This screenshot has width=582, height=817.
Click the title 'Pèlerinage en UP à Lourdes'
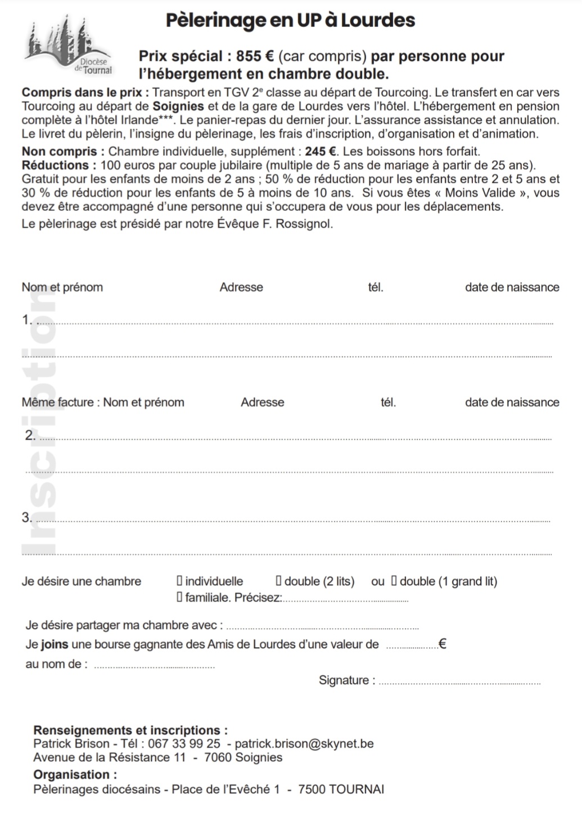click(290, 20)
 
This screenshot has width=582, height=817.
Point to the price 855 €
click(255, 56)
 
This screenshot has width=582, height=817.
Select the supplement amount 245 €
click(321, 151)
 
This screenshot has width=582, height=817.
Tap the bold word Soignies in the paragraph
click(178, 106)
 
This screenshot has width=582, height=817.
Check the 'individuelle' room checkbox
click(179, 581)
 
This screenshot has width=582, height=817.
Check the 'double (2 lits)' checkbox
click(278, 581)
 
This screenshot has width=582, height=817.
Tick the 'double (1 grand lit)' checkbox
click(394, 581)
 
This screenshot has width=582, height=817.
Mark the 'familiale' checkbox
click(179, 597)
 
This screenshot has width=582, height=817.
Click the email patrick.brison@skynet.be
click(304, 743)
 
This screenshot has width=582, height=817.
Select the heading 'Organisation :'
click(75, 774)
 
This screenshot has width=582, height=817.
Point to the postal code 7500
click(312, 789)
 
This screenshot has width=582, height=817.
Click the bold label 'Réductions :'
click(59, 165)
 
